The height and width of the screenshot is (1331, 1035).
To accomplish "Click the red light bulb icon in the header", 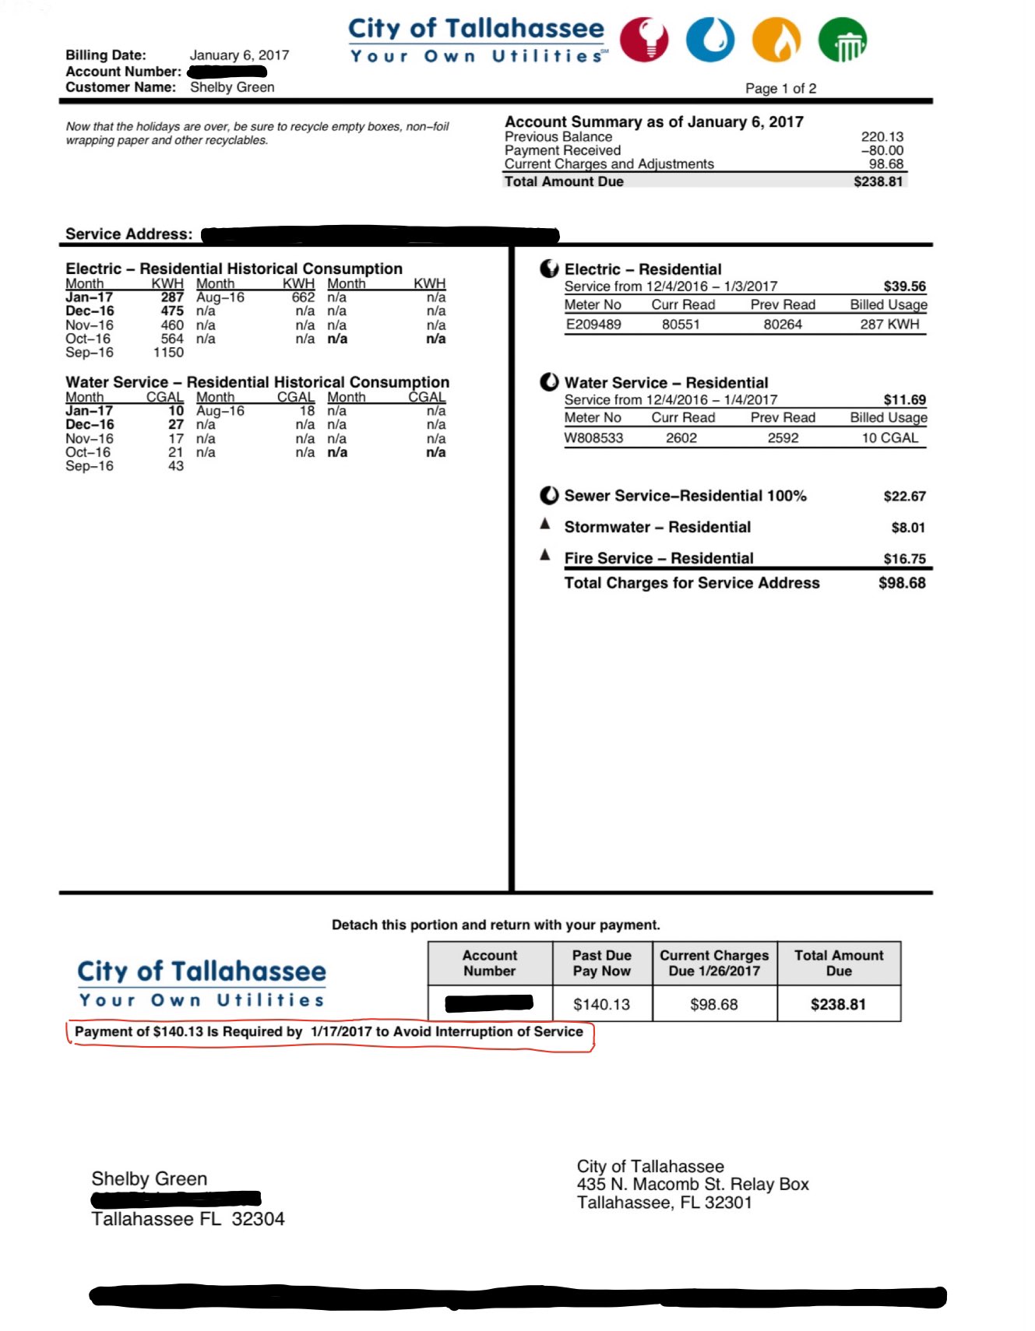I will click(x=643, y=39).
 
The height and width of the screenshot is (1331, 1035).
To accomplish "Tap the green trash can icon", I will click(x=843, y=40).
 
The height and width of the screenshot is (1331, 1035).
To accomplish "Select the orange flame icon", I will click(x=776, y=40).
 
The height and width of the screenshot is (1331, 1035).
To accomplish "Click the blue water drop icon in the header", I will click(x=709, y=40).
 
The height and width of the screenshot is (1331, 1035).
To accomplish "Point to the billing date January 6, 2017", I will click(x=239, y=55).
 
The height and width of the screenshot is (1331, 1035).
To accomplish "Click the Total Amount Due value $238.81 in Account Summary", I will click(x=878, y=181).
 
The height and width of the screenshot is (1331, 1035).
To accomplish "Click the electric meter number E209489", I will click(x=593, y=325).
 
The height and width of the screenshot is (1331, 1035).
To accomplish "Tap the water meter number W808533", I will click(x=593, y=438).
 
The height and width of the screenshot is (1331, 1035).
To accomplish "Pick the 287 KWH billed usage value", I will click(x=889, y=325).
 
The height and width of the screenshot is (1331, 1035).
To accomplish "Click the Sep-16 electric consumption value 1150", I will click(x=168, y=353).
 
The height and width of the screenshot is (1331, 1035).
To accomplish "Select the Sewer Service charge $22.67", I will click(x=904, y=497).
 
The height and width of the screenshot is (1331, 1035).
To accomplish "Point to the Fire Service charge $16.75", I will click(x=904, y=559).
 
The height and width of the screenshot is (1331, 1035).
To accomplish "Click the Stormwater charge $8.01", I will click(x=908, y=528).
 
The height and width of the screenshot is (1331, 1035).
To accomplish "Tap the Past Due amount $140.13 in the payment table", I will click(x=601, y=1005).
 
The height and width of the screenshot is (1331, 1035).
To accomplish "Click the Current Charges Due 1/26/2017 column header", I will click(x=714, y=963).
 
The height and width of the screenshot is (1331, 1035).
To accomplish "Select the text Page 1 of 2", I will click(x=780, y=89).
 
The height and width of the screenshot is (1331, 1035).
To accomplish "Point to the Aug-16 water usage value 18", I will click(x=308, y=411).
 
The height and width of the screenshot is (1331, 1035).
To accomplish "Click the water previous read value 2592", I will click(x=783, y=438).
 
